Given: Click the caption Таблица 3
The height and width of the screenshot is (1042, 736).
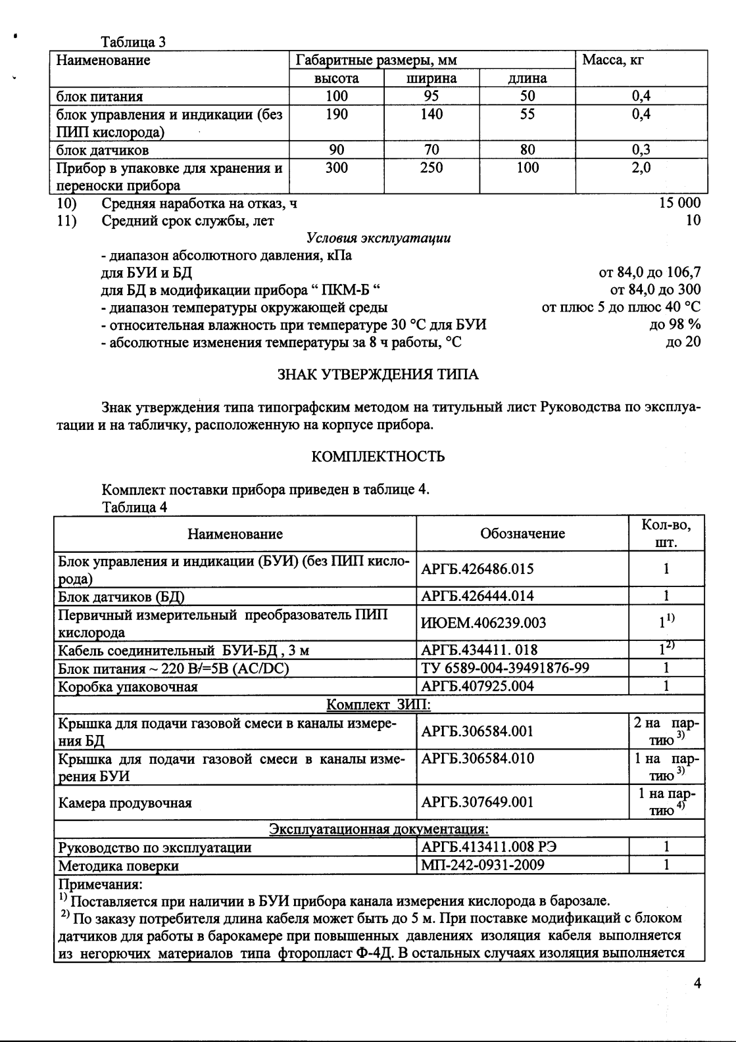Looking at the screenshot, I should coord(133,43).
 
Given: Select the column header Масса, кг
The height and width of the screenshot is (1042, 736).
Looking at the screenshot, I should coord(612,60).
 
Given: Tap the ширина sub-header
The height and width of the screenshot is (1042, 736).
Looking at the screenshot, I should coord(431,78).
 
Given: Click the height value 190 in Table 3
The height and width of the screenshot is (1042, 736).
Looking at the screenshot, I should coord(337,114).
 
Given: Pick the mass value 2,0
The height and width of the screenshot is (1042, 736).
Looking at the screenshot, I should coord(641,168).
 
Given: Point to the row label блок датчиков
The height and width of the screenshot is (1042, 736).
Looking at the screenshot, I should coord(103,150).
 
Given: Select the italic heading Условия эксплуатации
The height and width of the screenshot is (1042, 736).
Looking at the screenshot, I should coord(378,238).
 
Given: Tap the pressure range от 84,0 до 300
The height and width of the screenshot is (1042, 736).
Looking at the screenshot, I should coord(655,289).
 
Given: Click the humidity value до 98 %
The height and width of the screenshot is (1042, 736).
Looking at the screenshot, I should coord(675,324).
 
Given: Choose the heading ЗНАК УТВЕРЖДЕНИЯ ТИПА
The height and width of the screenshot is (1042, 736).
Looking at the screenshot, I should coord(378,375).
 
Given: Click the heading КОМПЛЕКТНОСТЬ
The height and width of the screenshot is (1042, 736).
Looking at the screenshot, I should coord(378,456).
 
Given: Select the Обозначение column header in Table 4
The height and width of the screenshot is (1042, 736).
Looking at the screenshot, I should coord(522,534).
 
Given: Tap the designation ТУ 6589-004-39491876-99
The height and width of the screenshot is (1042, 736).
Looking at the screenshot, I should coord(504,668).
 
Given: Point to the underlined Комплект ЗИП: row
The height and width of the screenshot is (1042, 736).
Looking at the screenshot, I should coord(379,705).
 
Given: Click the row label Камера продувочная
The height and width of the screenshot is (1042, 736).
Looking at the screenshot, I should coord(125,803).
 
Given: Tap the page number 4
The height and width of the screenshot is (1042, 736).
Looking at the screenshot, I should coord(697,983).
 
